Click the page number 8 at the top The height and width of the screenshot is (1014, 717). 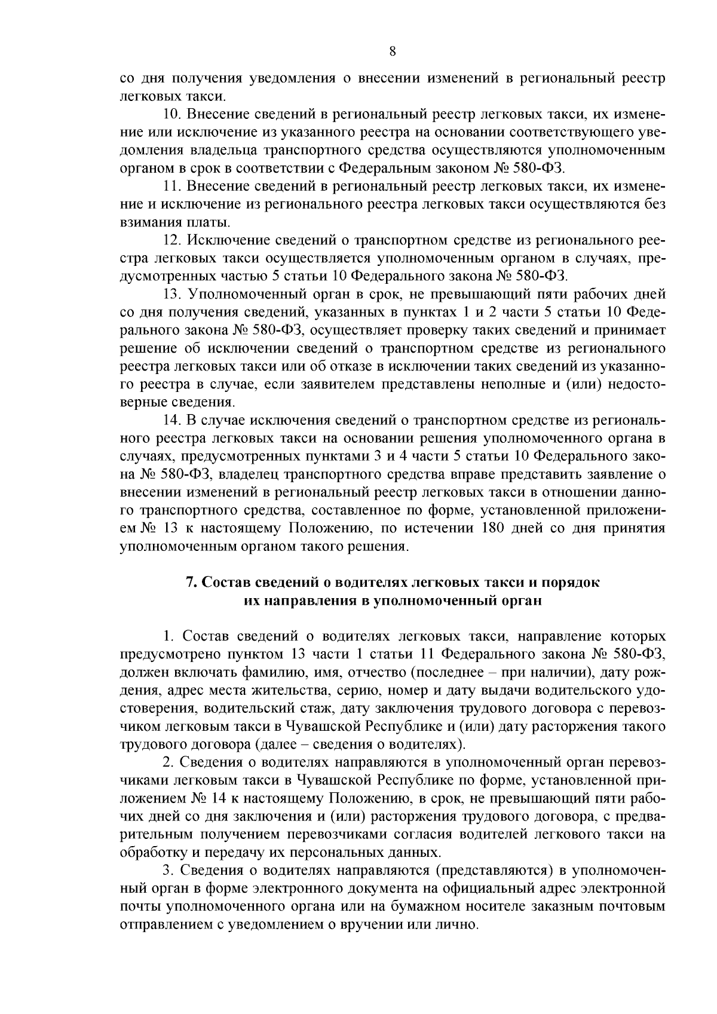coord(392,51)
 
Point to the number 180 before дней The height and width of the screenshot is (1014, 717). coord(492,529)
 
